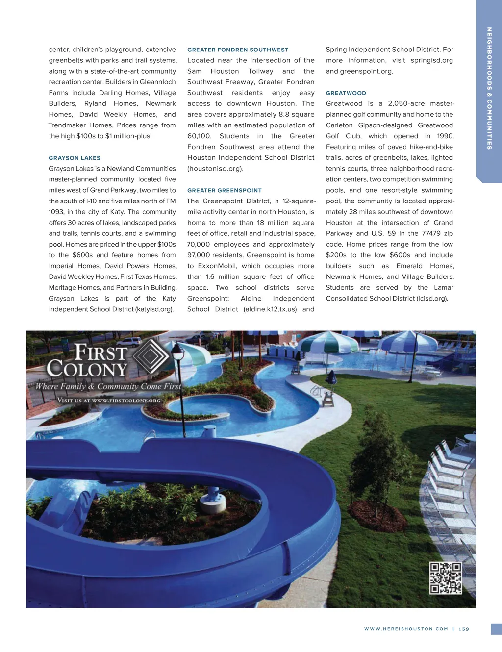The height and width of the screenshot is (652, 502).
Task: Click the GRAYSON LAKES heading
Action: tap(75, 158)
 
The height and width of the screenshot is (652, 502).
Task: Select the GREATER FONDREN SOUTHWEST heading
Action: tap(238, 50)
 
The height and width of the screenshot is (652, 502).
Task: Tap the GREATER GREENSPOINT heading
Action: tap(225, 190)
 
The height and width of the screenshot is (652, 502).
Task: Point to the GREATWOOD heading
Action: tap(346, 93)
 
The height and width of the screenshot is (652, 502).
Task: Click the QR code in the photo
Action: tap(446, 578)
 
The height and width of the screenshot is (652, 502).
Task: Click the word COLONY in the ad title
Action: tap(87, 369)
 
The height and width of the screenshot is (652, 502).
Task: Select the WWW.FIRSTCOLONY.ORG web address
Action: tap(126, 401)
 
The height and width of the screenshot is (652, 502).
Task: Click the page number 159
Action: tap(464, 629)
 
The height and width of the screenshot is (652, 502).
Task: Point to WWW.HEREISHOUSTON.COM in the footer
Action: tap(406, 629)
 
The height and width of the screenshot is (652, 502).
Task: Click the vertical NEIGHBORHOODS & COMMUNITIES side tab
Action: tap(489, 88)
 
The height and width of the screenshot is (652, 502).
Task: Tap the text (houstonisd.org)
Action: tap(215, 169)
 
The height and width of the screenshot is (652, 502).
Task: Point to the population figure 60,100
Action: tap(199, 136)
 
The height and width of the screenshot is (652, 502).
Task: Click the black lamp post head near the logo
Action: tap(178, 351)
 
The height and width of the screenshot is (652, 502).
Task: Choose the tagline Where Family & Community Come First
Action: tap(108, 386)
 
